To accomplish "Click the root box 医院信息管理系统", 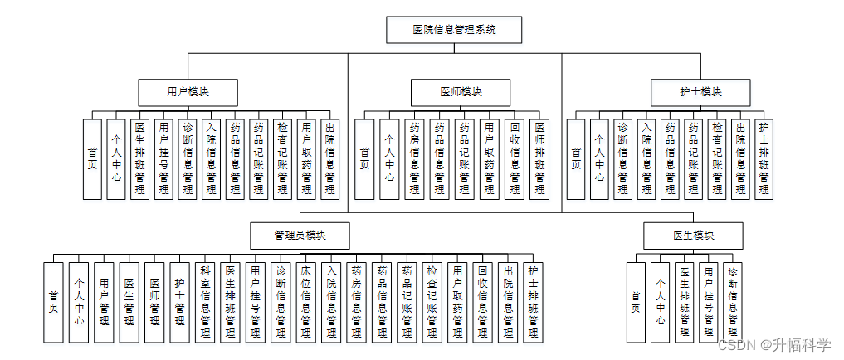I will (x=454, y=30).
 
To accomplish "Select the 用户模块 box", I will (x=188, y=91).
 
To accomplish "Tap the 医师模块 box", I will (x=461, y=91).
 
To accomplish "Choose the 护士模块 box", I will (x=700, y=91).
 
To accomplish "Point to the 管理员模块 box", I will (x=300, y=235).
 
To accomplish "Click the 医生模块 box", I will (x=693, y=236).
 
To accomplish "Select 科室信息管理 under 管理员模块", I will (x=205, y=302).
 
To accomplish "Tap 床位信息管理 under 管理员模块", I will (x=306, y=302).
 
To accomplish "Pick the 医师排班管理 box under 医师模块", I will (x=540, y=158).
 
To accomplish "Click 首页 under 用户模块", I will (x=92, y=158).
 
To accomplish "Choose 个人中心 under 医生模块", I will (x=660, y=302).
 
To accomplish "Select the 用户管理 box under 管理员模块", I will (x=103, y=302).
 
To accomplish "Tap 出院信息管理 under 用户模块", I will (x=330, y=158).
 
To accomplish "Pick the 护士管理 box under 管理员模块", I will (x=179, y=302).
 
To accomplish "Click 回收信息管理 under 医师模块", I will (x=515, y=158).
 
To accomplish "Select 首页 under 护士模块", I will (x=576, y=158).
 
